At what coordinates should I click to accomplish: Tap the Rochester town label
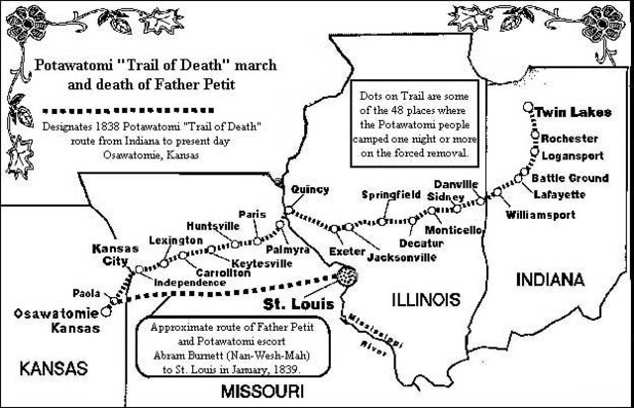[571, 138]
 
